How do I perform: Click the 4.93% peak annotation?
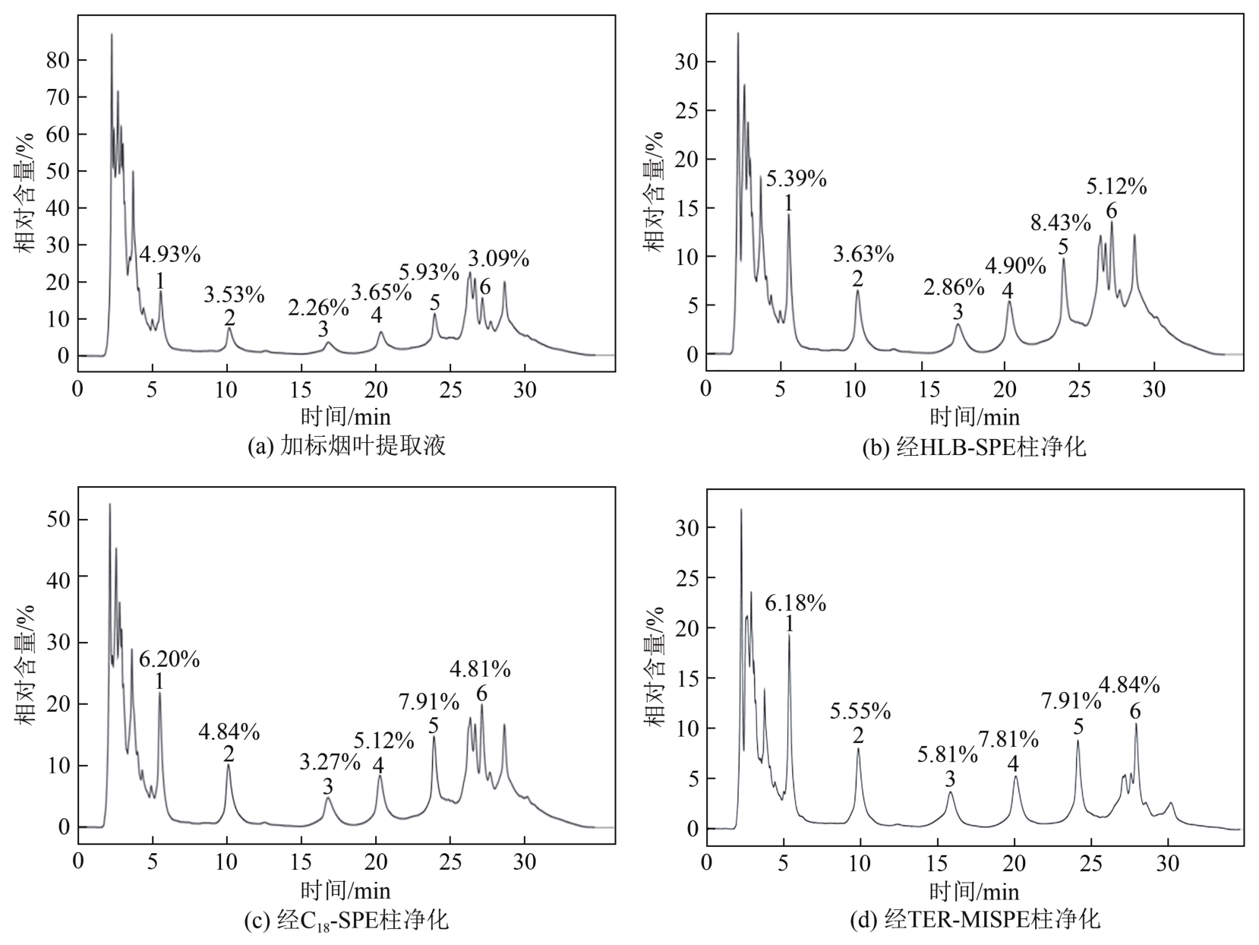click(169, 254)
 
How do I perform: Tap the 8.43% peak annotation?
click(1060, 223)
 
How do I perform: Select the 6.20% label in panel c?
click(169, 659)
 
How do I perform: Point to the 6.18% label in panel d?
click(795, 603)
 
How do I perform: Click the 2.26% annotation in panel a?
click(318, 308)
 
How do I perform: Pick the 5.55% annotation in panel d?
click(860, 711)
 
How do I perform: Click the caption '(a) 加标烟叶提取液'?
click(346, 446)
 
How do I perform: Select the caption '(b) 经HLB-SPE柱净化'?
click(974, 447)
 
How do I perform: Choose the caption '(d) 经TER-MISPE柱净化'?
click(974, 921)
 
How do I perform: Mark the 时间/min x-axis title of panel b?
click(975, 416)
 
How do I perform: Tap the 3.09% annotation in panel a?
click(498, 258)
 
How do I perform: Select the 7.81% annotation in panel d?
click(1008, 738)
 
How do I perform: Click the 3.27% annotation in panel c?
click(330, 762)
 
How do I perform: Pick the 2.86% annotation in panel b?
click(954, 287)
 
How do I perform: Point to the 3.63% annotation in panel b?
click(863, 254)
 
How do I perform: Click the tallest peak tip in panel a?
click(112, 34)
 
